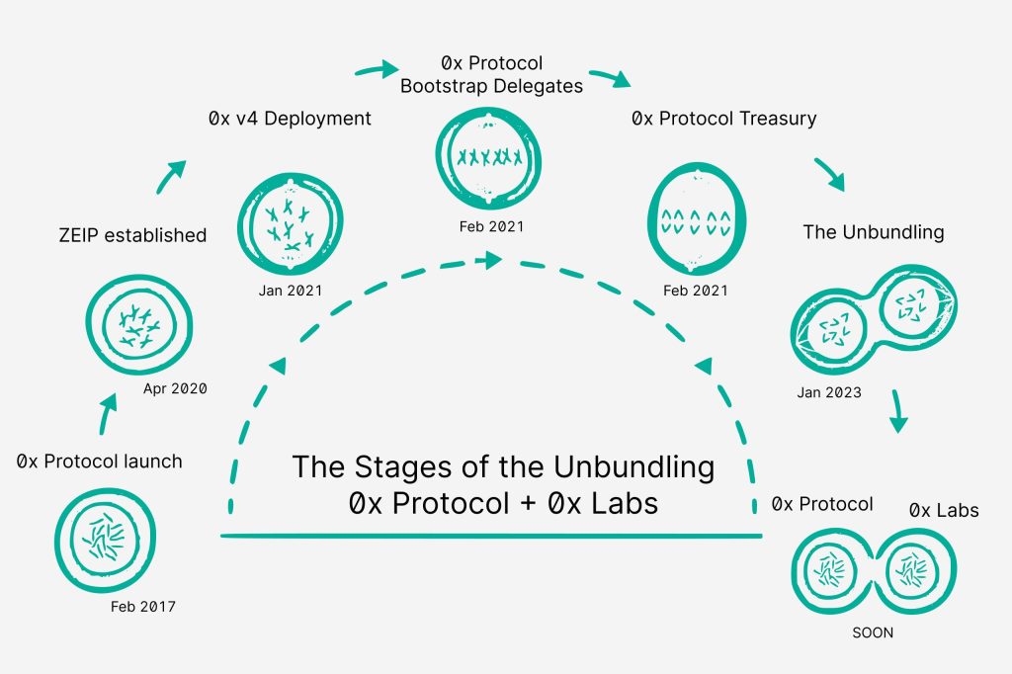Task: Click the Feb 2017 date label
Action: click(x=142, y=607)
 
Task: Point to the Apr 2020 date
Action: click(x=175, y=388)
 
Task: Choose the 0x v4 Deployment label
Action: click(x=290, y=119)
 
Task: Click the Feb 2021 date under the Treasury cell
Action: click(x=696, y=291)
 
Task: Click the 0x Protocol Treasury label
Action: click(x=724, y=119)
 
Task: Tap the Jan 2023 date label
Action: click(x=829, y=392)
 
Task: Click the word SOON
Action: click(x=872, y=632)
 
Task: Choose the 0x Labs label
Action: click(x=943, y=511)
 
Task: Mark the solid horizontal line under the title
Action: click(x=491, y=536)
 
